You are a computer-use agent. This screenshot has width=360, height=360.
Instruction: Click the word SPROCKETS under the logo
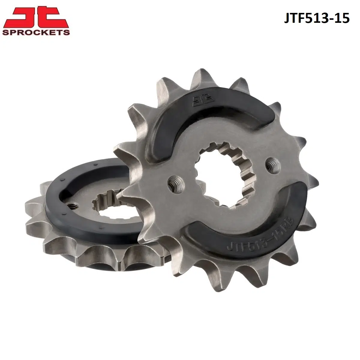pyautogui.click(x=36, y=32)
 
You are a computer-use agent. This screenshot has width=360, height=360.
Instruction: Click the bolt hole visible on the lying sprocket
pyautogui.click(x=73, y=206)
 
